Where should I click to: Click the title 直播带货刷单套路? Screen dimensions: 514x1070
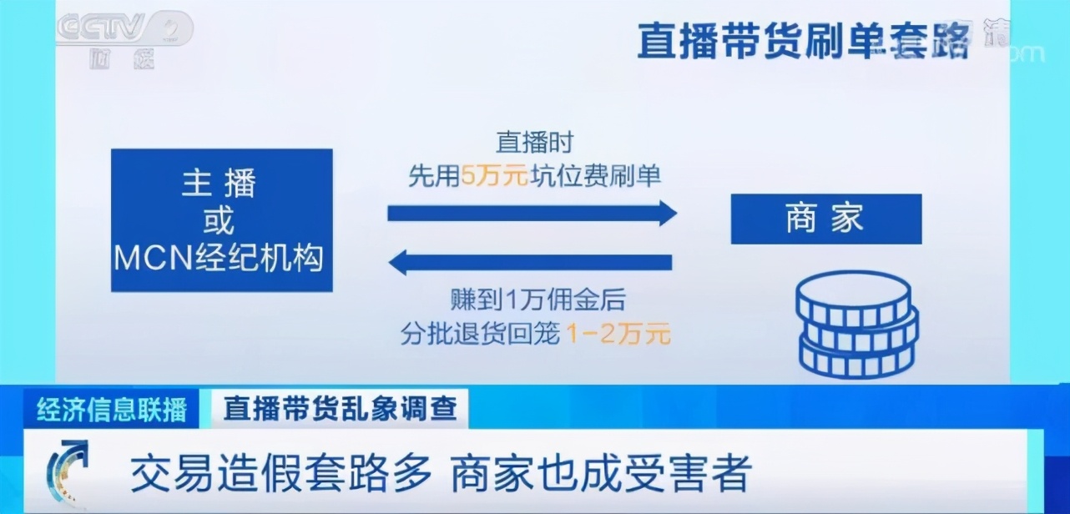point(802,42)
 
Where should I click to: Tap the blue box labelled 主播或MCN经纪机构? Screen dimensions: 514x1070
point(221,220)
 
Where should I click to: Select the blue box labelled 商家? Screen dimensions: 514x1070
point(825,219)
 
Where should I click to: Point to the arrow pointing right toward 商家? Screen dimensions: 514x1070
point(532,213)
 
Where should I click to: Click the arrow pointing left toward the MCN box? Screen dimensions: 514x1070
point(531,263)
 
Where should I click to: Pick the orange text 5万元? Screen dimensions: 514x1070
point(495,176)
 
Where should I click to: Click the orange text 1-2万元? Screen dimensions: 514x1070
point(618,335)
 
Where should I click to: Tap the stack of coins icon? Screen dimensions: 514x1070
point(856,325)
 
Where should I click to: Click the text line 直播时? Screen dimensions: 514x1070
point(535,143)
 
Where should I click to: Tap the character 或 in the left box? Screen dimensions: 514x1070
point(220,222)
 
